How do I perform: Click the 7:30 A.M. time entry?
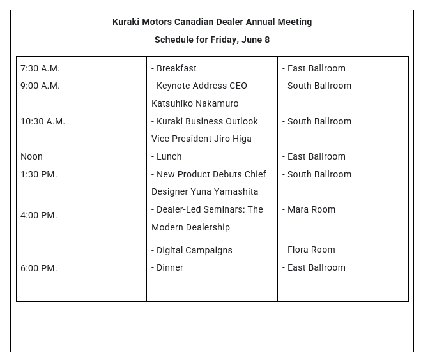coord(40,68)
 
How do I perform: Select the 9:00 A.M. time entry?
coord(40,86)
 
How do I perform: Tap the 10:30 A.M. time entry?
coord(43,121)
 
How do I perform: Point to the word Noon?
coord(31,156)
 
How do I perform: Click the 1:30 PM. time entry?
coord(39,174)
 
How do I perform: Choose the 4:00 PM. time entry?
coord(39,215)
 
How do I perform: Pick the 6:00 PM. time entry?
coord(39,268)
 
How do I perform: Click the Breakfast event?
coord(176,68)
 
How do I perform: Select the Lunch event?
coord(169,156)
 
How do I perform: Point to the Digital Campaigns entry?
coord(194,250)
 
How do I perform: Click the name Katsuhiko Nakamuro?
coord(195,103)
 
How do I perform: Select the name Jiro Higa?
coord(230,139)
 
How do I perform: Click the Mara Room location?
coord(311,209)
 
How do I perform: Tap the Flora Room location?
coord(311,250)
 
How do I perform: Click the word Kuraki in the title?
coord(126,22)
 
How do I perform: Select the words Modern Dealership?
coord(190,227)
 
